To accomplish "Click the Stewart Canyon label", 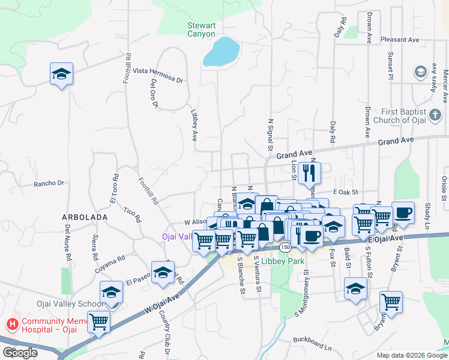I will coord(200,29).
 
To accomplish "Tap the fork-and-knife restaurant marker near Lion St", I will coord(309,173).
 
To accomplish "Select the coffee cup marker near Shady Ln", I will coord(403,212).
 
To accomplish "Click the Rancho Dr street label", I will coord(49,183).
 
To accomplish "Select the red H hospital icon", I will coord(11,325).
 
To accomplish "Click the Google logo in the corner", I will coord(20,353).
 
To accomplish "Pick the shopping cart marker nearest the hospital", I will coord(98,322).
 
